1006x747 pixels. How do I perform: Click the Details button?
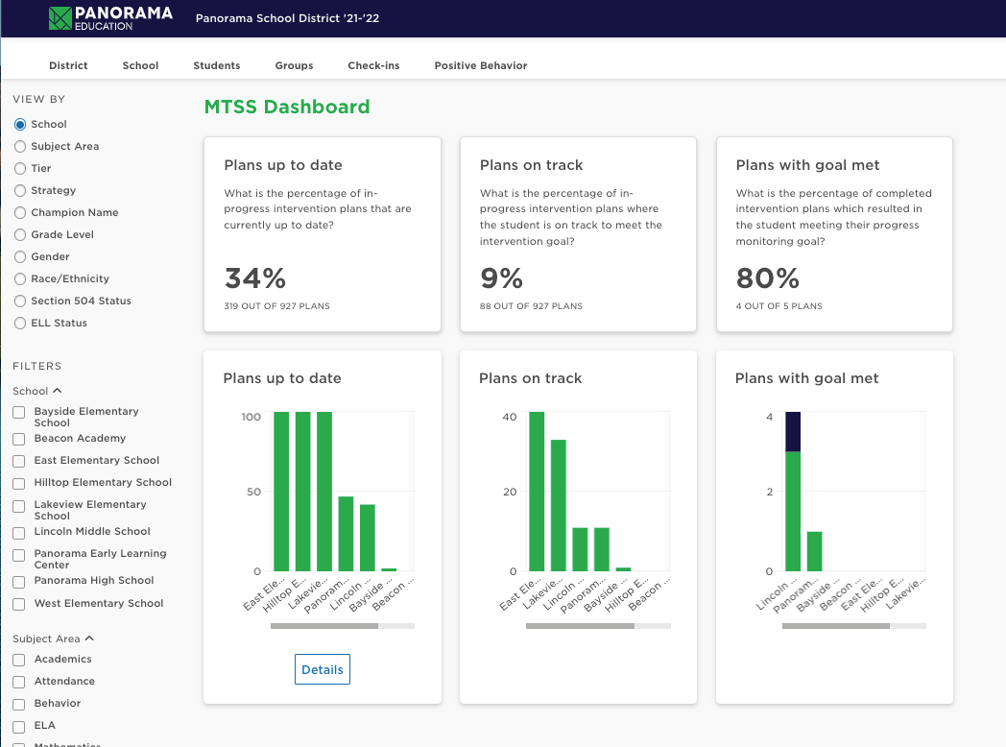(322, 669)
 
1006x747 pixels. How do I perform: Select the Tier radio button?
(20, 168)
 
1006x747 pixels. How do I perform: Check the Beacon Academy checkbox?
(19, 439)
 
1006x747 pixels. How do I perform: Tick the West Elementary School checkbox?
(19, 604)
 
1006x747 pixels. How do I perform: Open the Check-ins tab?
(373, 65)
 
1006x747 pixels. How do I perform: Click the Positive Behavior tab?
(480, 65)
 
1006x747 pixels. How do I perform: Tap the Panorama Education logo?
(111, 18)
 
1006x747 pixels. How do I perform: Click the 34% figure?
(255, 278)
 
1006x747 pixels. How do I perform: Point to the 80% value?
(767, 278)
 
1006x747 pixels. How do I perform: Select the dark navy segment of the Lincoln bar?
(793, 431)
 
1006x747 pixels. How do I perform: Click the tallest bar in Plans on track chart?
(537, 492)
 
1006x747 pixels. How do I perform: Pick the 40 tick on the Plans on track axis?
(509, 417)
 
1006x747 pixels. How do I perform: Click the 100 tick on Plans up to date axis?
(251, 417)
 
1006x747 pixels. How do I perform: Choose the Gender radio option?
(20, 256)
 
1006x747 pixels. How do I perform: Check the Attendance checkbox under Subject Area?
(19, 682)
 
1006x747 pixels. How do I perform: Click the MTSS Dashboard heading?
(287, 107)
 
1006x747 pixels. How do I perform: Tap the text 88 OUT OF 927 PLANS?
(531, 306)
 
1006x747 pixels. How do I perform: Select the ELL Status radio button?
(20, 323)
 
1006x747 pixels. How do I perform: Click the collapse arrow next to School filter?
(57, 391)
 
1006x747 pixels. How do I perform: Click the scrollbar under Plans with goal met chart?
(835, 626)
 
